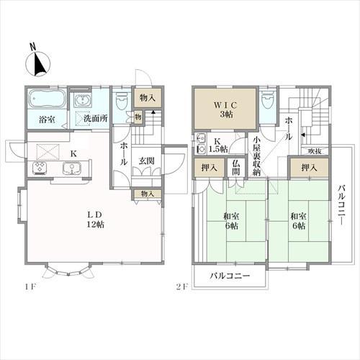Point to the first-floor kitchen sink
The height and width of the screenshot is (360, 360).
point(73,169)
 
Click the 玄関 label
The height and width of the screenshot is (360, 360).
point(147,161)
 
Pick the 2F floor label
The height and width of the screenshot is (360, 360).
point(181,288)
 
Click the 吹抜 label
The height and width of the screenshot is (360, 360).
point(314,150)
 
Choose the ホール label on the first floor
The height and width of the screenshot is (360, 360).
point(123,153)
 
